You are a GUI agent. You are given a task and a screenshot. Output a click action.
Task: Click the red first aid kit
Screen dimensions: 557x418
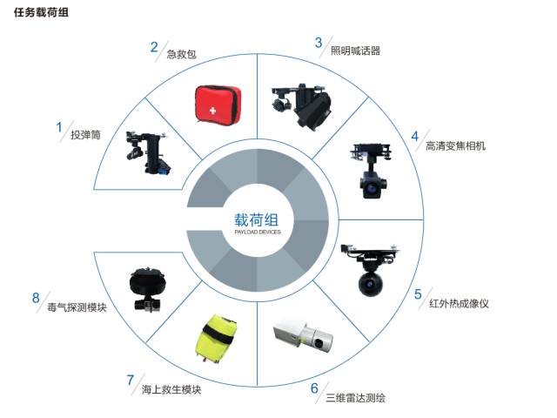coord(218,104)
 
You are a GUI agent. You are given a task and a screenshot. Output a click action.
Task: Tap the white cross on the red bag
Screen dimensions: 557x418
coord(212,111)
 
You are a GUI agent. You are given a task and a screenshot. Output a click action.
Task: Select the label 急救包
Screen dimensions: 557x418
coord(182,54)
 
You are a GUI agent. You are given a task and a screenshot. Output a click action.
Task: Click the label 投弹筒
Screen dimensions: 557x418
coord(85,135)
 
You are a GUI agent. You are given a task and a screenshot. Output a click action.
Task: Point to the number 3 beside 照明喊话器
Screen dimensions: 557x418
coord(319,43)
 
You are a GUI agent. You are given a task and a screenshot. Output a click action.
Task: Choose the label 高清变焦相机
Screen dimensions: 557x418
coord(455,145)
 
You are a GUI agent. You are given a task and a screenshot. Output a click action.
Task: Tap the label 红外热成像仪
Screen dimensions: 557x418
coord(459,304)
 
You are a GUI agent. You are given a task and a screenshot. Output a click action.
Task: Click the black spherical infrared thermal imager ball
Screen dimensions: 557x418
coord(371,284)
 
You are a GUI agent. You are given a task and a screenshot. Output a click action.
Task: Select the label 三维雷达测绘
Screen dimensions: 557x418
coord(356,398)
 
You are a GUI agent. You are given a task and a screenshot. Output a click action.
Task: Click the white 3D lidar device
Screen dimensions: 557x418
coord(304,335)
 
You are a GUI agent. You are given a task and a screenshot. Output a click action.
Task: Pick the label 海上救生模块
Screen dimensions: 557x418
coord(171,389)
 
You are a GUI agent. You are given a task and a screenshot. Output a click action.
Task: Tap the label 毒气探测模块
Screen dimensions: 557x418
coord(77,307)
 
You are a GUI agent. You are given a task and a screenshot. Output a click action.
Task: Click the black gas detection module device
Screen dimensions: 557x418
coord(147,289)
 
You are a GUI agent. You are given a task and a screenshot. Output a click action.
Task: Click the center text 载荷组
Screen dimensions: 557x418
coord(256,220)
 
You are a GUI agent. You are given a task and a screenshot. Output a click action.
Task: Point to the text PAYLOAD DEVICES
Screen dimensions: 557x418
coord(258,233)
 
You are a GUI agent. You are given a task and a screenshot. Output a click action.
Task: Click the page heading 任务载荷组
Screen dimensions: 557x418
coord(41,12)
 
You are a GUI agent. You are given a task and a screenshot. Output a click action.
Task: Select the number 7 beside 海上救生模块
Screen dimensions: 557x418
coord(131,380)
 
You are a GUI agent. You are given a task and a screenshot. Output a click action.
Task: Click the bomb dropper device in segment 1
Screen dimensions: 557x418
coord(148,152)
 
